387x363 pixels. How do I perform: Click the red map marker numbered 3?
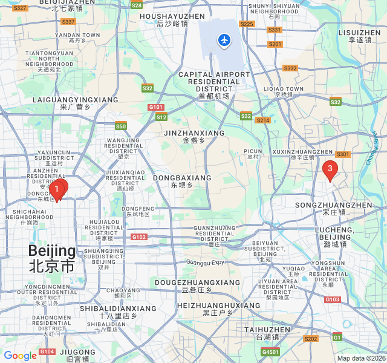tap(330, 169)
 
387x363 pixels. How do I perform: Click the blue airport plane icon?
tap(224, 41)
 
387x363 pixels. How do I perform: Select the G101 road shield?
tap(156, 107)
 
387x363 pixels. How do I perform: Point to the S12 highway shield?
tap(161, 117)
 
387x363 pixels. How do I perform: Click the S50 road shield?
tap(121, 126)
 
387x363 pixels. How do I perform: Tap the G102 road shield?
tap(139, 237)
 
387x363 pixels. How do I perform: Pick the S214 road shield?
tap(262, 120)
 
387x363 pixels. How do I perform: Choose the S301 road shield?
tap(343, 154)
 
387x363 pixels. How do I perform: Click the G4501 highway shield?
tap(270, 352)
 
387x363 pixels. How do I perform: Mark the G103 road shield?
tap(332, 299)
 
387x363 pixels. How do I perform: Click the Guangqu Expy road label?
tap(205, 262)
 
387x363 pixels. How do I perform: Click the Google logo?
tap(21, 356)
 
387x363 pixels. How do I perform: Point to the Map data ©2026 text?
tap(360, 358)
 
